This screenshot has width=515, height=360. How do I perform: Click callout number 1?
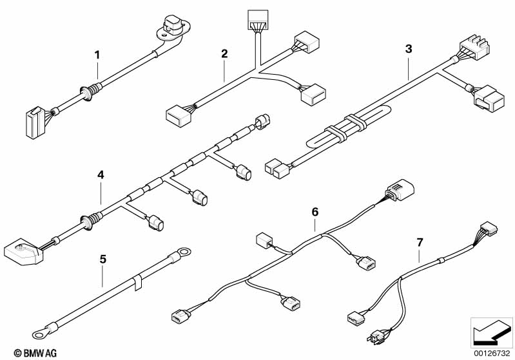(97, 55)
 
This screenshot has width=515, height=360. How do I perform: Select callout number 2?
(224, 53)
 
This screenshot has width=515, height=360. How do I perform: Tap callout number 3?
(408, 49)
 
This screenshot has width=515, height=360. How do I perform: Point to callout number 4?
(101, 175)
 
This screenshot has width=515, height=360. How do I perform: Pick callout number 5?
(102, 260)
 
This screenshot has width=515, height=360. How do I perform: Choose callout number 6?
(315, 213)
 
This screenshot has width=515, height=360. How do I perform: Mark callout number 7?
(420, 243)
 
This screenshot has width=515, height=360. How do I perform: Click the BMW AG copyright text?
(35, 353)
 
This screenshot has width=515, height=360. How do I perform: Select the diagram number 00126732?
(492, 353)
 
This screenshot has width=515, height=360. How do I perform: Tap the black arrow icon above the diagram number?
(491, 333)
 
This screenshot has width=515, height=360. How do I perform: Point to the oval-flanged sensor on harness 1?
(173, 26)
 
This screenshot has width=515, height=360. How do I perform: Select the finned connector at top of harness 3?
(474, 48)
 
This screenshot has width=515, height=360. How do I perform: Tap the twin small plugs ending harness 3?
(277, 168)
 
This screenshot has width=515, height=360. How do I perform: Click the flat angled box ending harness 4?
(23, 251)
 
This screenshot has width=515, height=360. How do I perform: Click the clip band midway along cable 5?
(137, 282)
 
